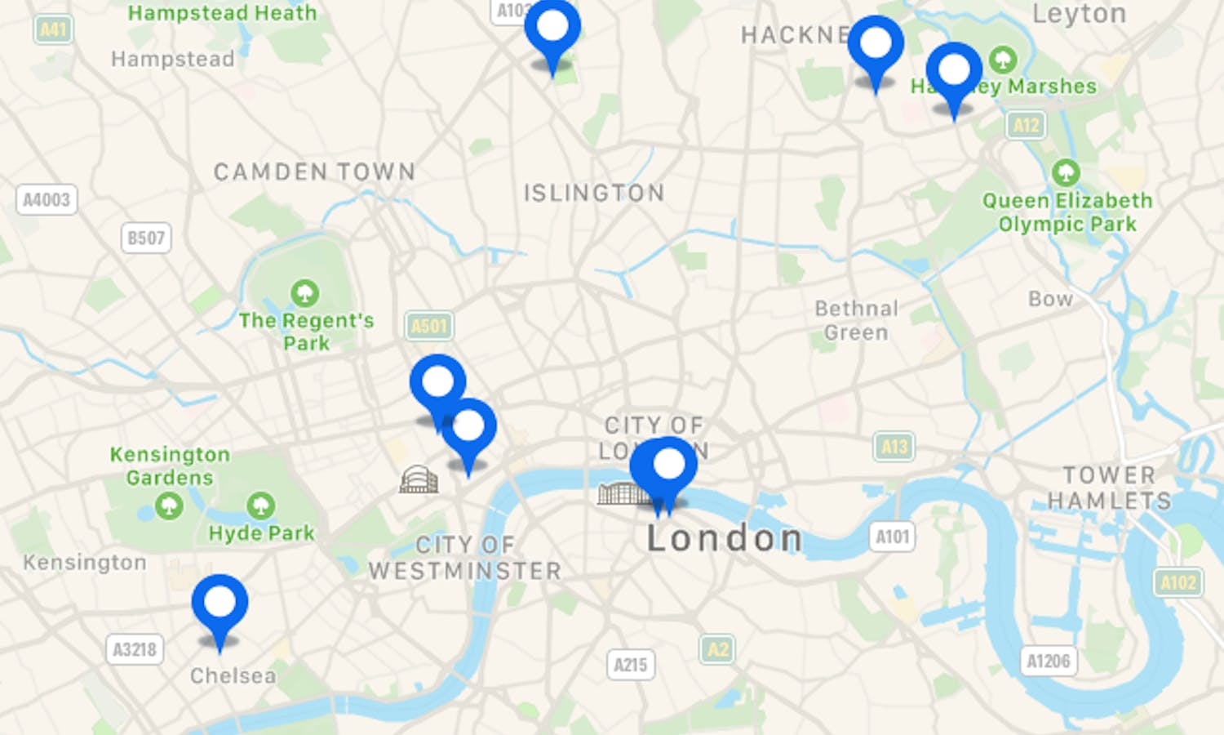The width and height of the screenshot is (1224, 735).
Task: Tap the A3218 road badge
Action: [x=135, y=650]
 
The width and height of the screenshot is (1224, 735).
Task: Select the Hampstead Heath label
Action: [x=222, y=13]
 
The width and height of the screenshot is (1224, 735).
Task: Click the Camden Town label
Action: [x=314, y=171]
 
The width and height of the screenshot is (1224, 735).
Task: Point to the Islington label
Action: [x=593, y=193]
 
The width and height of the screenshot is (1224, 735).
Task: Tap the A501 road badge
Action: [x=429, y=327]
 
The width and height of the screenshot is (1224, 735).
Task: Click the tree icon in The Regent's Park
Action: [x=305, y=292]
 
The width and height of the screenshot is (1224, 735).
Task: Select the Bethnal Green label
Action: [x=856, y=320]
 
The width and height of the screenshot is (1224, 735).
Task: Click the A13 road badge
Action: [x=894, y=447]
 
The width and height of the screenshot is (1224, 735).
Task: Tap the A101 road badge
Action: [x=892, y=537]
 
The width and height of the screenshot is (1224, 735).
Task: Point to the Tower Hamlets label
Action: [x=1109, y=488]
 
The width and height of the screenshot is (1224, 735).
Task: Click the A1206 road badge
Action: [x=1049, y=661]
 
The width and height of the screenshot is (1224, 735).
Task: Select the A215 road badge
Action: [x=630, y=665]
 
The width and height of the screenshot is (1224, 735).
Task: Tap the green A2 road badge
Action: [x=717, y=649]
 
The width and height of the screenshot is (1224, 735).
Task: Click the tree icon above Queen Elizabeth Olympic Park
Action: [x=1066, y=172]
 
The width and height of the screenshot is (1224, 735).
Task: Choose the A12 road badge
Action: [x=1026, y=125]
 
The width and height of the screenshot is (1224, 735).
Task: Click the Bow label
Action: [x=1050, y=299]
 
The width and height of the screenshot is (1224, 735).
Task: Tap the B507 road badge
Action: [x=146, y=238]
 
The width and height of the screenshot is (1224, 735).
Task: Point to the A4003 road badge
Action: [x=47, y=199]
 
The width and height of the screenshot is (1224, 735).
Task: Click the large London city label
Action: [x=725, y=538]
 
